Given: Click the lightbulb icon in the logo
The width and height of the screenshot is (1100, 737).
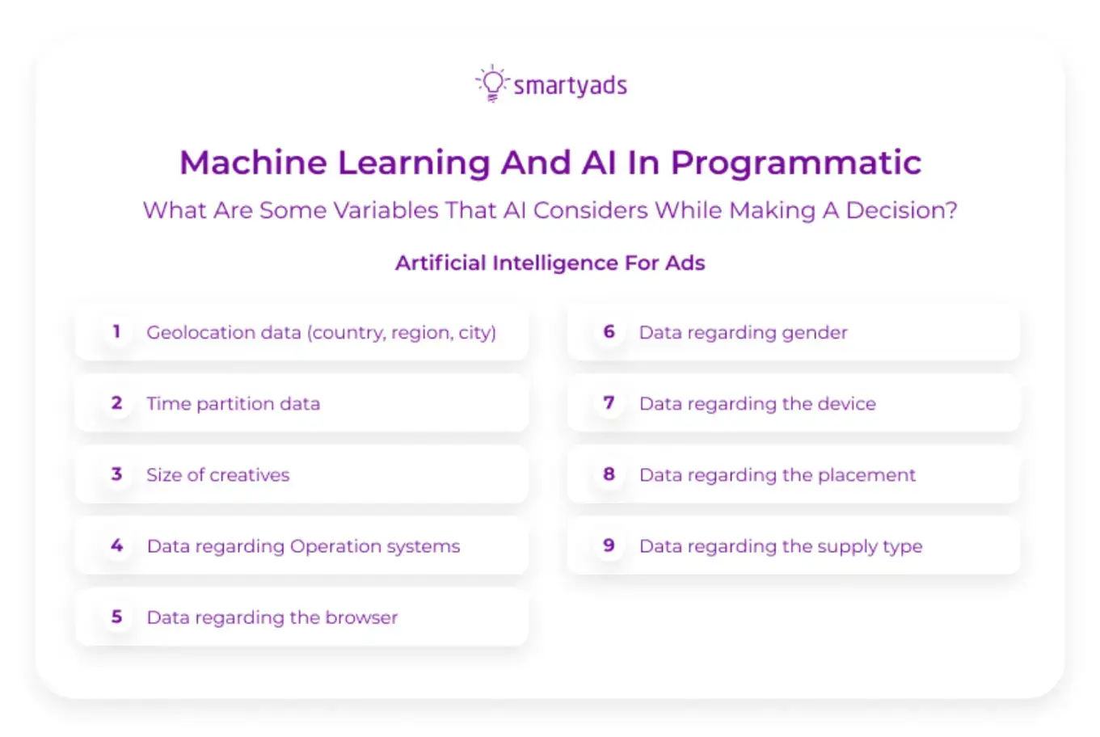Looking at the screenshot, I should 492,83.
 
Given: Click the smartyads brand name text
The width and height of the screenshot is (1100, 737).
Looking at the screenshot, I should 571,86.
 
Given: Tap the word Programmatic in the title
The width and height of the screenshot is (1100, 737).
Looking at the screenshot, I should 795,162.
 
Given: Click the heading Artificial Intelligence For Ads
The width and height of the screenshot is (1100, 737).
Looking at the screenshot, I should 550,263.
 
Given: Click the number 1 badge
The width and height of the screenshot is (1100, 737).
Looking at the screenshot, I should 116,331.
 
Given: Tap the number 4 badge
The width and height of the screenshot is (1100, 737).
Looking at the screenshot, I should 116,545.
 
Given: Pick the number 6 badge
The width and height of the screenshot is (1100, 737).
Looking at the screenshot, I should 609,331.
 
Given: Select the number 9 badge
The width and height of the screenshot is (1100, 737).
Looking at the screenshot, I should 609,545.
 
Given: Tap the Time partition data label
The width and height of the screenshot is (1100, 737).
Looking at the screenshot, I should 233,403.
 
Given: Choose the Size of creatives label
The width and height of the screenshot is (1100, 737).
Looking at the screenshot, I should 217,474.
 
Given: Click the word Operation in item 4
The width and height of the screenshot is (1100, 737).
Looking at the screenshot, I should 335,546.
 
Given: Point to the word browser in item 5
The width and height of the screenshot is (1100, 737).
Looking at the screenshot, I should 361,617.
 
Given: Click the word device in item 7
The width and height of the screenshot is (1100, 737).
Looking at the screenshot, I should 846,403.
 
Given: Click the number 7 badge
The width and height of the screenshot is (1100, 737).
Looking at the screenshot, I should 609,402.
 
